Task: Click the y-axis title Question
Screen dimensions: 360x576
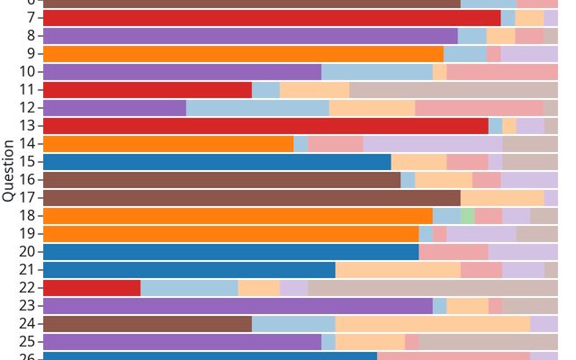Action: pos(8,170)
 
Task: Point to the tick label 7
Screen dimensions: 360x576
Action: pos(31,18)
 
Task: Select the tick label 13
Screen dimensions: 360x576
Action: pos(27,126)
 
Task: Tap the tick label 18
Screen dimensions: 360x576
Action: pos(27,216)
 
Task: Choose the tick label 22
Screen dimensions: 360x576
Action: pos(27,288)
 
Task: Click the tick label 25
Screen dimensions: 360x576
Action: pos(27,342)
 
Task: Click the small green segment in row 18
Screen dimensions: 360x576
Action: pos(467,216)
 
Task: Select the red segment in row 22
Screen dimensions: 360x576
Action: pos(92,288)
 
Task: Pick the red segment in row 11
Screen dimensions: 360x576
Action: pos(148,90)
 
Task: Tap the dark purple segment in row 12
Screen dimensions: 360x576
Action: pos(114,108)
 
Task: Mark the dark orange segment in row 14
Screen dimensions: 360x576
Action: pos(168,144)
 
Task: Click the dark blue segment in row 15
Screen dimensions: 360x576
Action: pos(217,162)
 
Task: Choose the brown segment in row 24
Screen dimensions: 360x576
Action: pos(148,324)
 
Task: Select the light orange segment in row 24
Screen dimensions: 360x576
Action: pos(433,324)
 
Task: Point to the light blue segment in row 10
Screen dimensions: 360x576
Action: pos(377,72)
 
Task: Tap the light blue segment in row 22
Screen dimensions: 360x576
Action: pos(189,288)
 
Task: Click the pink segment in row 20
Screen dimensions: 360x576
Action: pos(454,252)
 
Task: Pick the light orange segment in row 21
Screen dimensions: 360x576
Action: pos(398,270)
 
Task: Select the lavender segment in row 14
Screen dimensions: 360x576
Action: pos(433,144)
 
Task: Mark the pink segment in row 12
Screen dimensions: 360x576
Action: pos(479,108)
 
